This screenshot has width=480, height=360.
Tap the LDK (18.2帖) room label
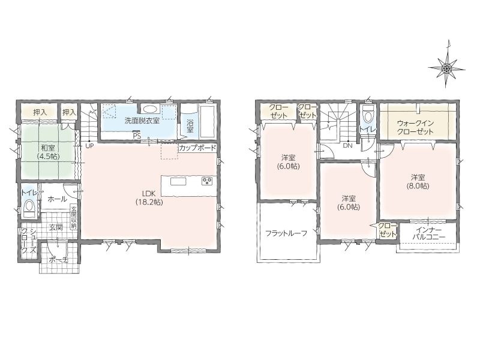pos(149,198)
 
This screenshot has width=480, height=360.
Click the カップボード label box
pos(197,148)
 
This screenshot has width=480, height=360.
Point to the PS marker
pos(137,136)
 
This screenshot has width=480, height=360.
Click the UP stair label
pos(89,146)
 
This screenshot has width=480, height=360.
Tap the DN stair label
pos(348,146)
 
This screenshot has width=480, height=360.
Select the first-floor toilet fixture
pos(29,207)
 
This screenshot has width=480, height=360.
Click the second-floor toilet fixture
pos(367,115)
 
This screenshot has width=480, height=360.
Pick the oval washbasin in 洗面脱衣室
pos(150,109)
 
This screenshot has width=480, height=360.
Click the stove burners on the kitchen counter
pos(207,181)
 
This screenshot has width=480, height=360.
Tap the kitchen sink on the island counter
pos(178,182)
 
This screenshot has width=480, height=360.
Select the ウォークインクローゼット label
pos(415,127)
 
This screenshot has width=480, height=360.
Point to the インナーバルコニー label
pos(428,233)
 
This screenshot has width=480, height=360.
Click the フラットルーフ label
pos(287,233)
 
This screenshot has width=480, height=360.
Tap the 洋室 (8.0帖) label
pos(418,182)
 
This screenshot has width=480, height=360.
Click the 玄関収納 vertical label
pos(74,218)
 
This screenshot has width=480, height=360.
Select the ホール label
pos(57,199)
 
